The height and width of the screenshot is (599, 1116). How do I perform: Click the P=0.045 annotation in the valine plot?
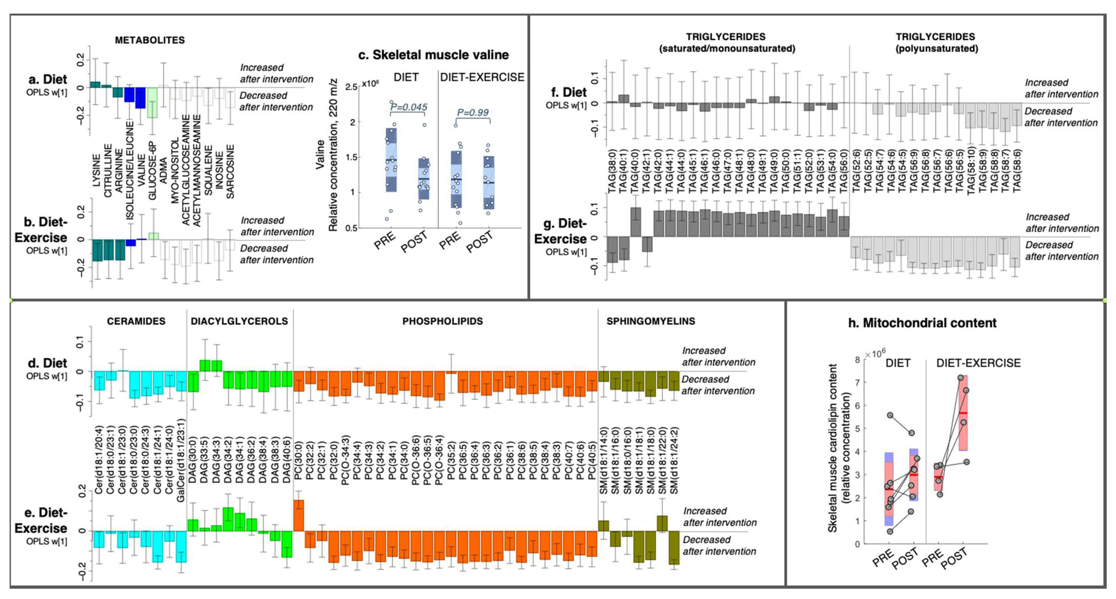[x=409, y=107]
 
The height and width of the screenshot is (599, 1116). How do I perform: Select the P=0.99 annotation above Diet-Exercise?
[x=473, y=113]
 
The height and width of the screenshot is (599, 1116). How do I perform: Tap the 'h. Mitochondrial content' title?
[x=922, y=323]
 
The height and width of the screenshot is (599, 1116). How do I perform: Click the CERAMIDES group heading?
[x=136, y=321]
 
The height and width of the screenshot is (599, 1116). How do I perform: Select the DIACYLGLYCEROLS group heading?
[x=239, y=321]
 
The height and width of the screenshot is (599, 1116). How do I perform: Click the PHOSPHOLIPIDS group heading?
[x=442, y=321]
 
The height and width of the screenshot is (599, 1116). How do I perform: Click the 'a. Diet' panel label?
[x=48, y=80]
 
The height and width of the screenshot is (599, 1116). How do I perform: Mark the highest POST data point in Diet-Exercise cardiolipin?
[x=961, y=378]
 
